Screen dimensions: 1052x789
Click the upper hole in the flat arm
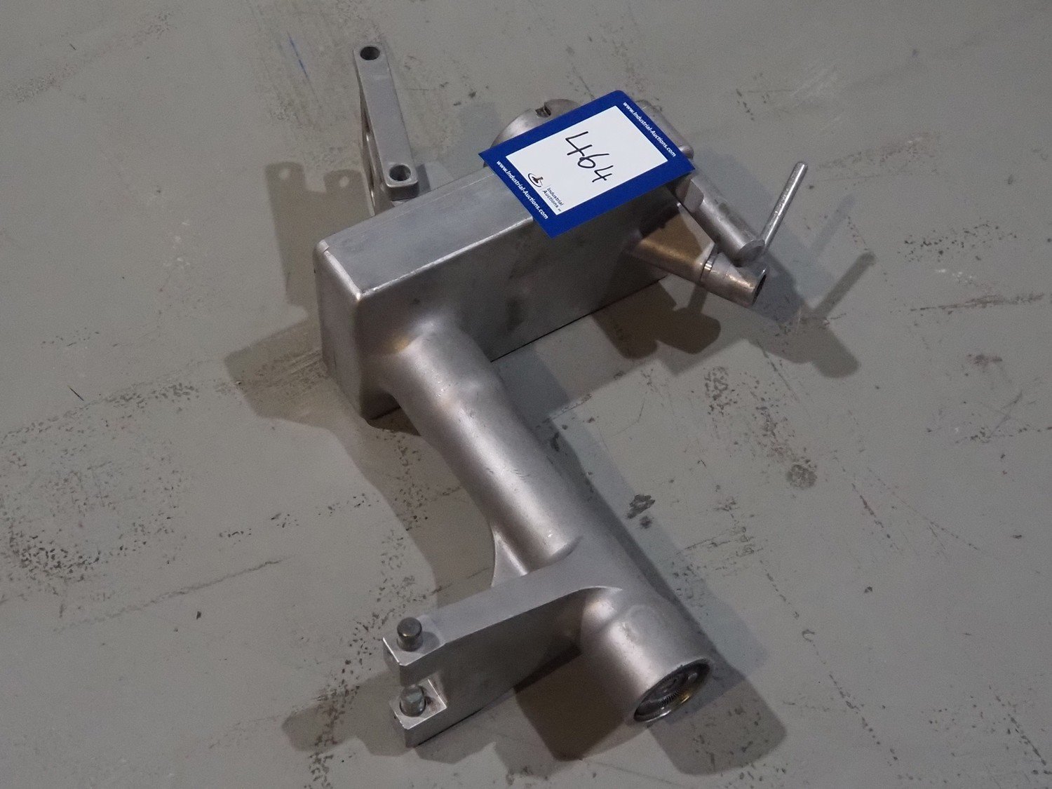tap(369, 53)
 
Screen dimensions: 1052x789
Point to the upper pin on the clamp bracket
tap(410, 630)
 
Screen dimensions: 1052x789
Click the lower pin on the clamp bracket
tap(413, 699)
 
